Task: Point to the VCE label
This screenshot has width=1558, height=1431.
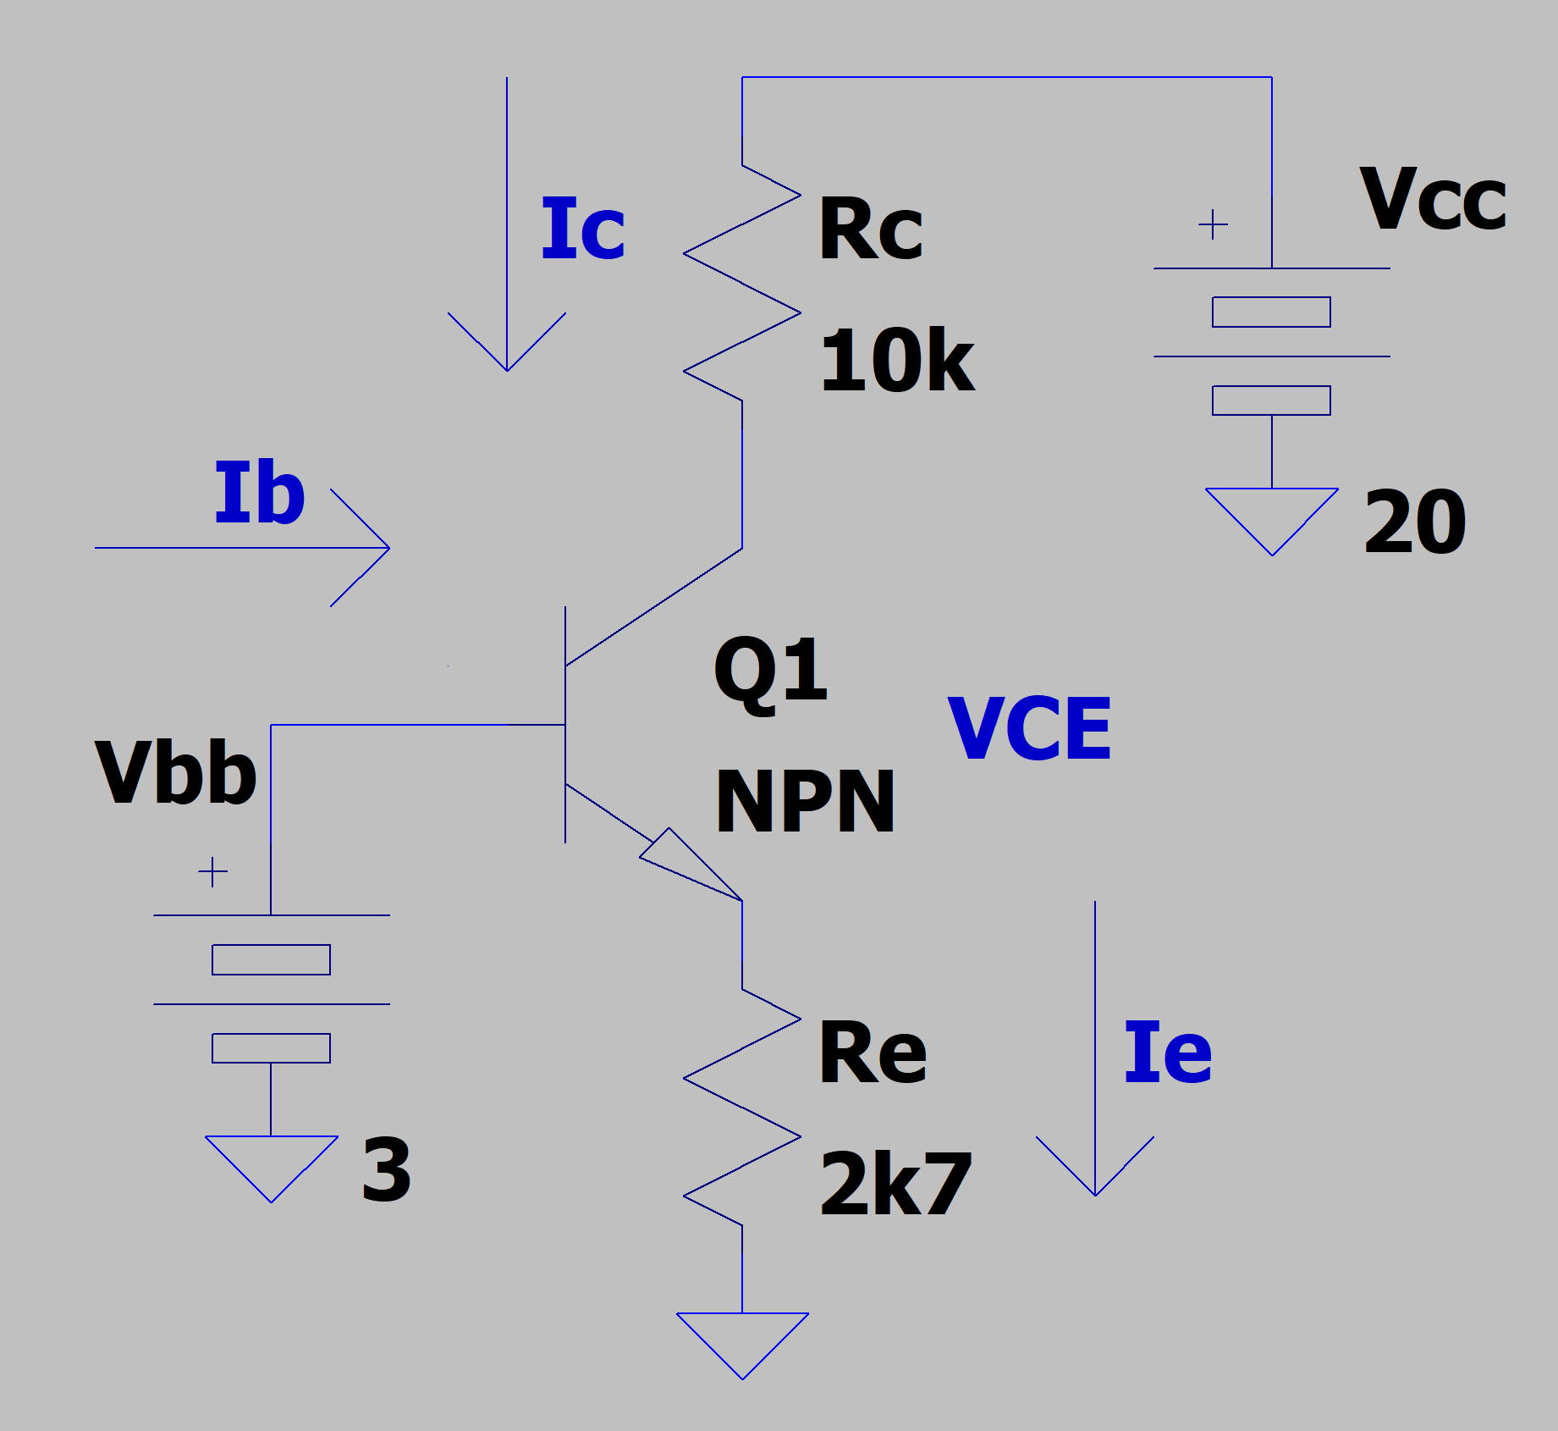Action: tap(1029, 729)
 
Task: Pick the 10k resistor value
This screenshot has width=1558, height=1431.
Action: tap(897, 362)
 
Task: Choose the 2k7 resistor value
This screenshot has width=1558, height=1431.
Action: tap(895, 1185)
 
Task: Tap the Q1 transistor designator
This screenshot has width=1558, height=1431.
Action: tap(770, 672)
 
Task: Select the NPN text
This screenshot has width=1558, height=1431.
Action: tap(805, 802)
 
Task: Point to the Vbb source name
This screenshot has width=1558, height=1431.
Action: tap(175, 772)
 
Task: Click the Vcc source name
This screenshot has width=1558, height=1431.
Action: tap(1433, 200)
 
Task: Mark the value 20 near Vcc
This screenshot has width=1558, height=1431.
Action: tap(1415, 522)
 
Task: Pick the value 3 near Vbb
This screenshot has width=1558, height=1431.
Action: tap(386, 1170)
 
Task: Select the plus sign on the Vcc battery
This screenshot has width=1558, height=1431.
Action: tap(1213, 224)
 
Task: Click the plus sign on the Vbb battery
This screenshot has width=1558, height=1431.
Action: tap(212, 871)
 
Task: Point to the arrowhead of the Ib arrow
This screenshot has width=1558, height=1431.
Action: tap(372, 548)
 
